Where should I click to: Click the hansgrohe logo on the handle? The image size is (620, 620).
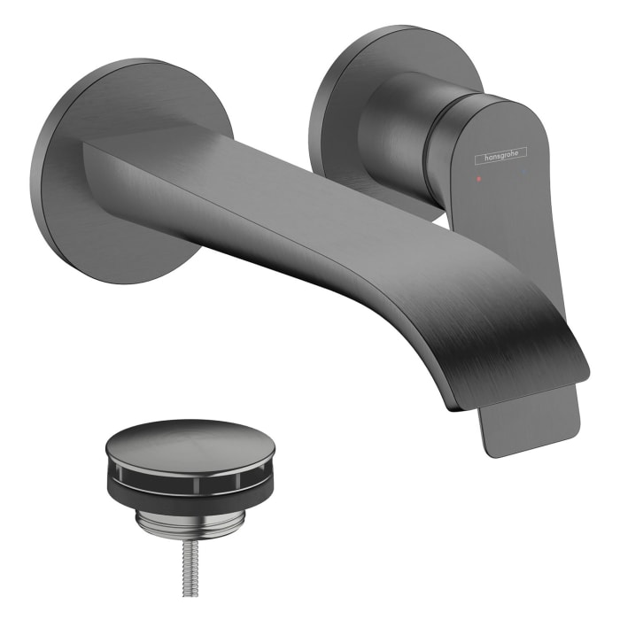coord(501,157)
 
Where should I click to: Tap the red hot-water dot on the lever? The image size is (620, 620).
coord(479,178)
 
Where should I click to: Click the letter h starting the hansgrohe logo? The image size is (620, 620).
coord(480,159)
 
